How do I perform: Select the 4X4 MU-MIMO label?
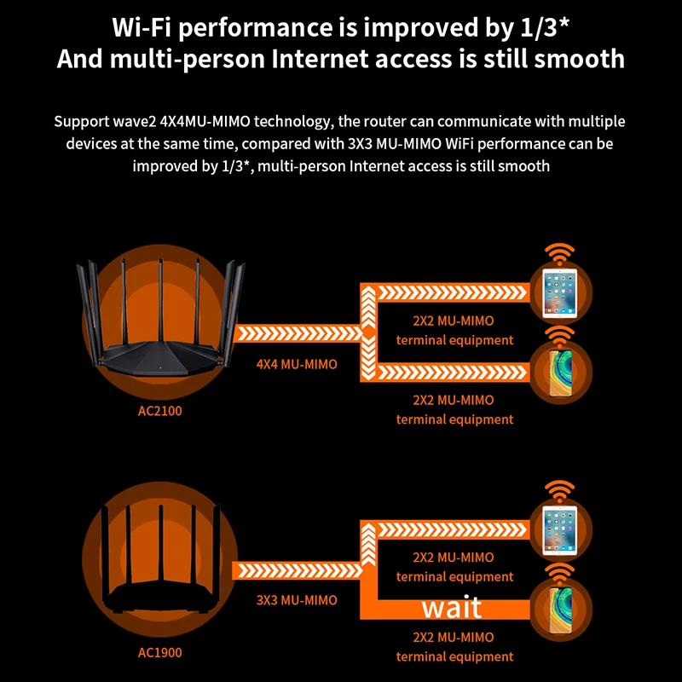(x=297, y=364)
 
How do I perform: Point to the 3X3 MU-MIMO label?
(x=297, y=600)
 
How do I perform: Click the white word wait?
(x=452, y=607)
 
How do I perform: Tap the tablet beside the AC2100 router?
(x=559, y=293)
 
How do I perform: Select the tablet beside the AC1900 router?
(x=559, y=528)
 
